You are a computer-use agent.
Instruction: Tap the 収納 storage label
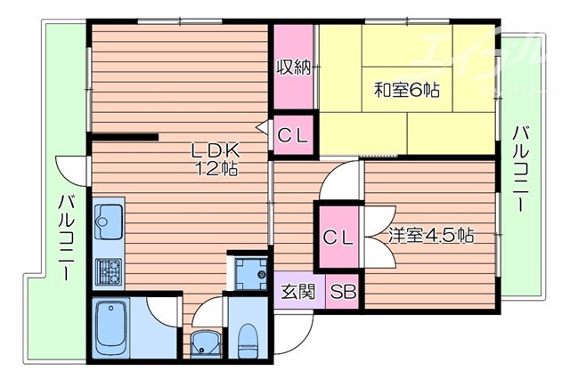pos(294,68)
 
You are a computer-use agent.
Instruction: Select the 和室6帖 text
pos(407,90)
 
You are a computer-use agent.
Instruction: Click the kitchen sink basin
pos(110,218)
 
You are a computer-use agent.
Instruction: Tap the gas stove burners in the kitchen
pos(110,270)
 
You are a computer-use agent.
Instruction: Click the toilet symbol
pos(248,339)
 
